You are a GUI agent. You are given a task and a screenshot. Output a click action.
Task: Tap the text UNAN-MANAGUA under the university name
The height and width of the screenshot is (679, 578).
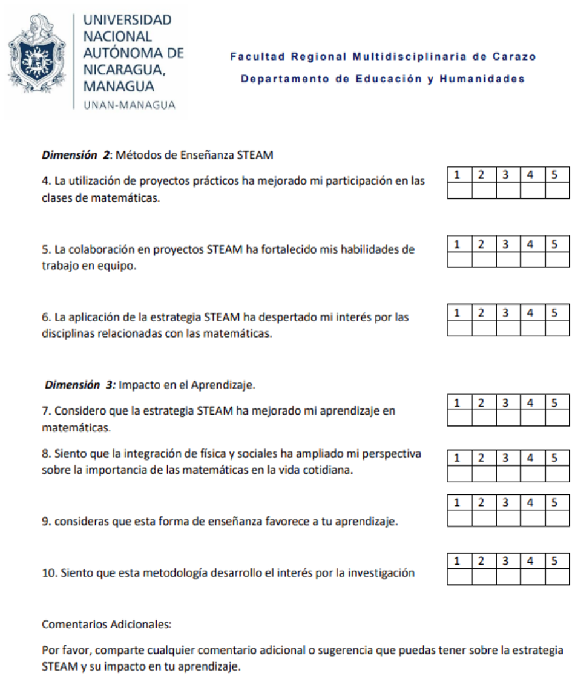[x=129, y=105]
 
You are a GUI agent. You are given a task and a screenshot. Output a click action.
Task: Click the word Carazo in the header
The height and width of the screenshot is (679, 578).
[x=514, y=57]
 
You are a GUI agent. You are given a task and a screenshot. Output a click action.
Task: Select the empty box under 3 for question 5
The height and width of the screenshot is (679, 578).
[x=508, y=260]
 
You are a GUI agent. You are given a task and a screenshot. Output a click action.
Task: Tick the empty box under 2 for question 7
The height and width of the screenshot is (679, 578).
[x=484, y=418]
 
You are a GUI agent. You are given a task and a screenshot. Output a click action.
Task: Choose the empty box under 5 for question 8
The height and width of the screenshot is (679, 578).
[x=557, y=474]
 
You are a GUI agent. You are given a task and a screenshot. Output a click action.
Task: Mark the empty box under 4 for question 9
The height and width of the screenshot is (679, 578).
[x=533, y=519]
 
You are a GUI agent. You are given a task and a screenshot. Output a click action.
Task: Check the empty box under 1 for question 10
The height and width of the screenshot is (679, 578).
[x=459, y=577]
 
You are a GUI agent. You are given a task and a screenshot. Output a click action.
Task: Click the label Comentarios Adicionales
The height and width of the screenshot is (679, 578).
[x=107, y=624]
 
